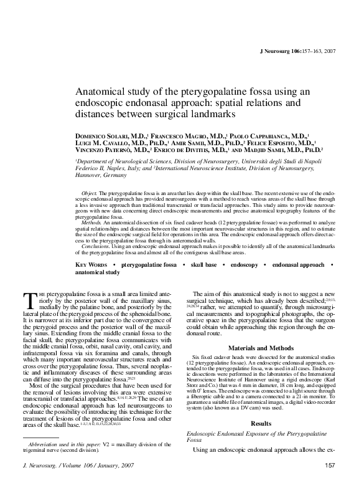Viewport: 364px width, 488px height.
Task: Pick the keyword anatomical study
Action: coord(97,272)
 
